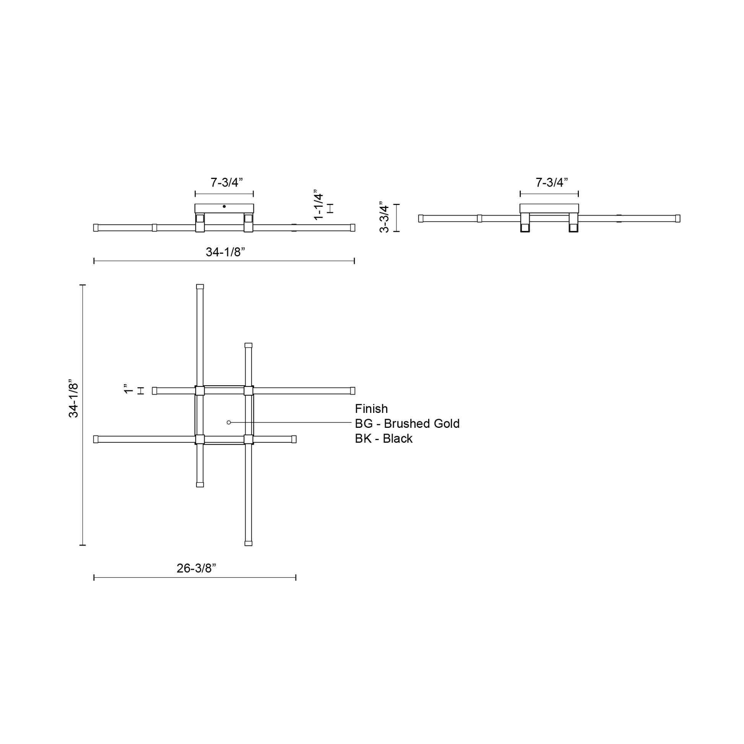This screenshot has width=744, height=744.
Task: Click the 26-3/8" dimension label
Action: click(196, 569)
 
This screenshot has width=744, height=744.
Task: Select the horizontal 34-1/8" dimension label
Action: click(225, 252)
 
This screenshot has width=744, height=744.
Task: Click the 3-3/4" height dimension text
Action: click(384, 217)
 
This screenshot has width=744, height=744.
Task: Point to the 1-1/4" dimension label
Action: click(318, 205)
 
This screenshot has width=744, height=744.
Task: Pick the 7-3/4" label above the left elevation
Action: click(226, 182)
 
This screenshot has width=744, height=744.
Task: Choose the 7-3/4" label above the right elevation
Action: click(552, 182)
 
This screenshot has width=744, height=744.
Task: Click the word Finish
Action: click(371, 409)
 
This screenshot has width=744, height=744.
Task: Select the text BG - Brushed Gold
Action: click(407, 424)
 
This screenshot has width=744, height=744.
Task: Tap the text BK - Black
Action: click(383, 439)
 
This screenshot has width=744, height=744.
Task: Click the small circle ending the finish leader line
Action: click(229, 422)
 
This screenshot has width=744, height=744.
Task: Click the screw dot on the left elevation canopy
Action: click(224, 206)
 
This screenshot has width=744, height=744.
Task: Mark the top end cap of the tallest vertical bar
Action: click(200, 287)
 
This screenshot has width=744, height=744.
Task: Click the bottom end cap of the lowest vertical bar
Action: click(249, 543)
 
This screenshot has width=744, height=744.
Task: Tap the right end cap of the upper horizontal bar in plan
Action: click(353, 391)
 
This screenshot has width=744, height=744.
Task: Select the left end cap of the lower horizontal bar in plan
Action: click(96, 439)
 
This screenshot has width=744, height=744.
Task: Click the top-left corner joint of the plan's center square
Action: click(200, 391)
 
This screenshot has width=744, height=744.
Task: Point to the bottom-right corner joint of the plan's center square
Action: click(249, 439)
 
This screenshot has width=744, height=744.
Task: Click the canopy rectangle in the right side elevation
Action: click(549, 208)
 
